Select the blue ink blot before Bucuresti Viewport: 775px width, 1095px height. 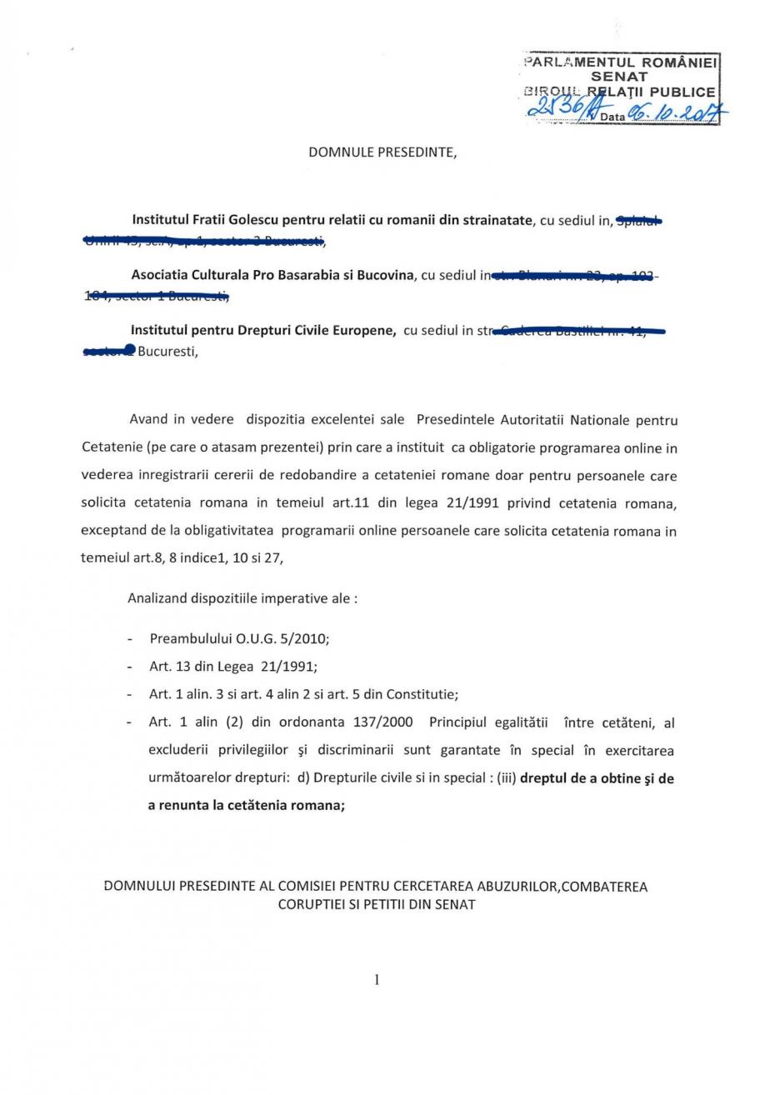click(x=128, y=350)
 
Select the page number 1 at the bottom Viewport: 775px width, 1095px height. click(x=377, y=980)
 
